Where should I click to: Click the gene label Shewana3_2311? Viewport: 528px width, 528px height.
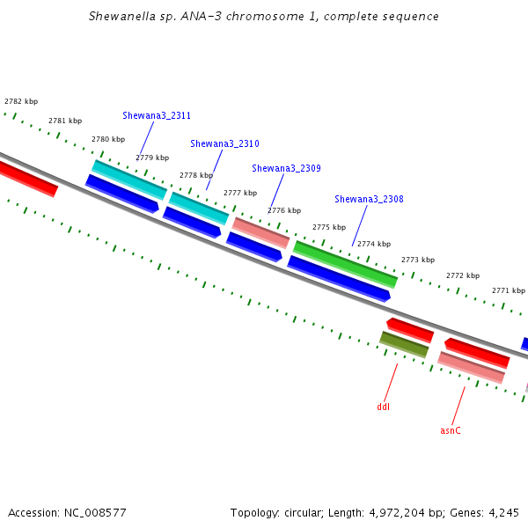pos(157,115)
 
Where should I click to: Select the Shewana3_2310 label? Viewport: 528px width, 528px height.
pos(224,143)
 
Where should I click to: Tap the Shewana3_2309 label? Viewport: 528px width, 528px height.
pos(286,168)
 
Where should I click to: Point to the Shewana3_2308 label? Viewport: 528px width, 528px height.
pos(369,199)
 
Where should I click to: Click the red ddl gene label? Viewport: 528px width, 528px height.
pos(383,407)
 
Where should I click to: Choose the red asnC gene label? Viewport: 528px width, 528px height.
pos(451,430)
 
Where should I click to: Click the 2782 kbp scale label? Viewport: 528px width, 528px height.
pos(21,101)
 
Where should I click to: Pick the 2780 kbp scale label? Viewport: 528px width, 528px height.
pos(108,139)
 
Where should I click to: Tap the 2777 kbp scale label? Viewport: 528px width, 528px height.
pos(240,193)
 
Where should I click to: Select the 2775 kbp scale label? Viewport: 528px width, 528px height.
pos(329,227)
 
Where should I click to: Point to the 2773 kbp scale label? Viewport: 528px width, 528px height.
pos(418,260)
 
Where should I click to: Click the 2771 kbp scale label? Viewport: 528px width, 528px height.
pos(509,290)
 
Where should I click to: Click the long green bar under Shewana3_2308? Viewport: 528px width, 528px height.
pos(345,264)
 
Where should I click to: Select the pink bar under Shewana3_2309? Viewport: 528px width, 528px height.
pos(260,233)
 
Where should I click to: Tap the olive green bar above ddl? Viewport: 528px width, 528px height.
pos(404,344)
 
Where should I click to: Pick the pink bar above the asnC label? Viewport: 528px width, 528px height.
pos(471,367)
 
